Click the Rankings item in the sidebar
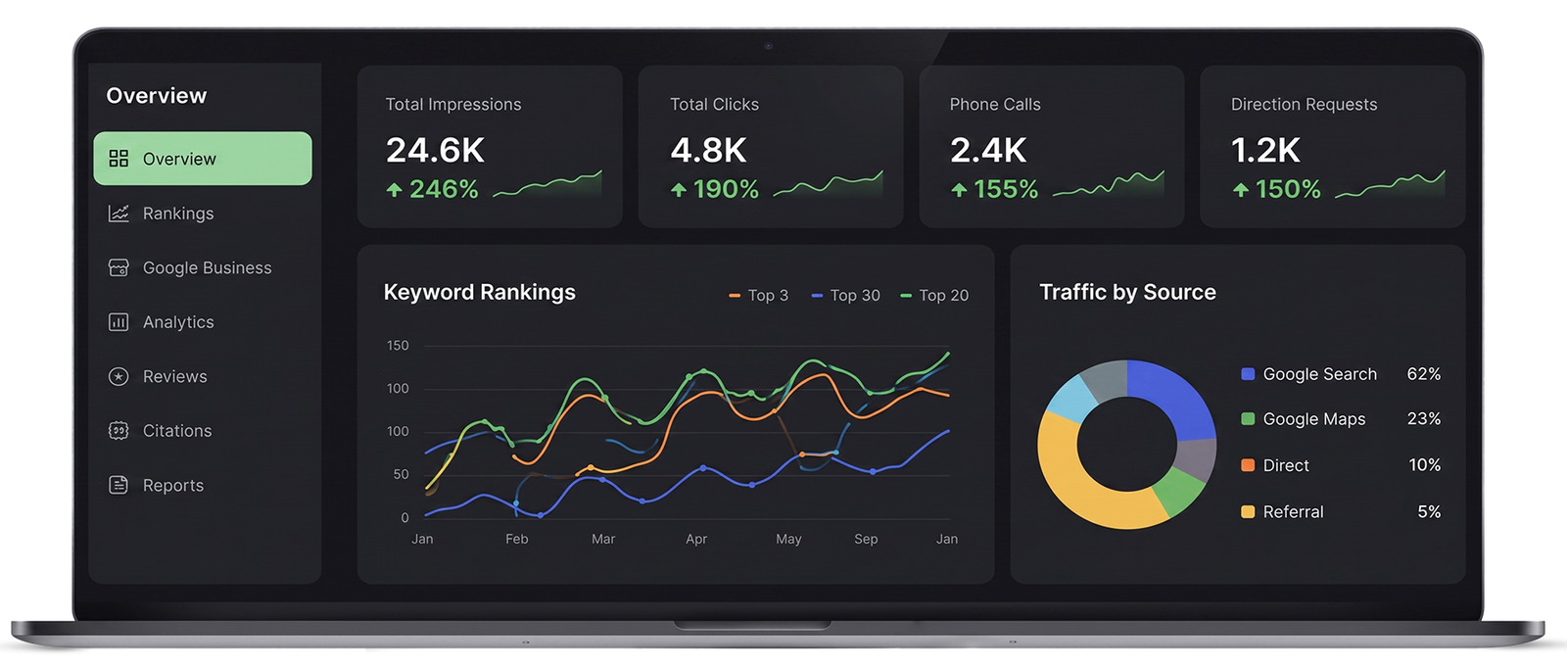(161, 214)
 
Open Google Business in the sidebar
(190, 268)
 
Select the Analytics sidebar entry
(161, 322)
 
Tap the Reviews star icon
(119, 376)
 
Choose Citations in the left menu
(160, 431)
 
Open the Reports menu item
(156, 485)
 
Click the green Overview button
(203, 159)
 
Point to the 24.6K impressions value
(435, 151)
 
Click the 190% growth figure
(726, 189)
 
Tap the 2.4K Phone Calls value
(988, 151)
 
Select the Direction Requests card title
(1304, 104)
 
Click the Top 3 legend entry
(758, 296)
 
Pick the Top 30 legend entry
(845, 296)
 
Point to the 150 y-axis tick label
(398, 346)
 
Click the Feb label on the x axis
(516, 539)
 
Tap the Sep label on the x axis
(866, 539)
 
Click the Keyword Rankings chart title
(479, 293)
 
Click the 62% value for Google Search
(1424, 374)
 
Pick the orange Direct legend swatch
(1248, 465)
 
